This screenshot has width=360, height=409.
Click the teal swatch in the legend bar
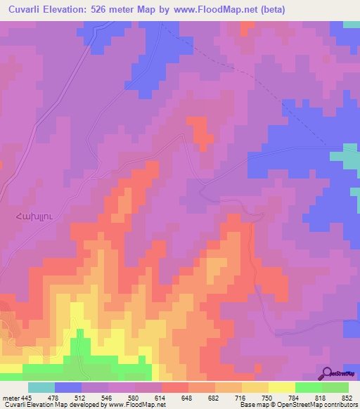point(41,387)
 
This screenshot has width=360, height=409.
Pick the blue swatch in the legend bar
point(68,387)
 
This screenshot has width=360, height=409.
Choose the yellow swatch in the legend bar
point(281,387)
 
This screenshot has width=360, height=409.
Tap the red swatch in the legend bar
point(174,387)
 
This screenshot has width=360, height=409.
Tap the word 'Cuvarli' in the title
point(28,11)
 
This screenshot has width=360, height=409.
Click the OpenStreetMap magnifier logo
point(327,373)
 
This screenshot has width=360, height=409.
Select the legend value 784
point(300,397)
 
